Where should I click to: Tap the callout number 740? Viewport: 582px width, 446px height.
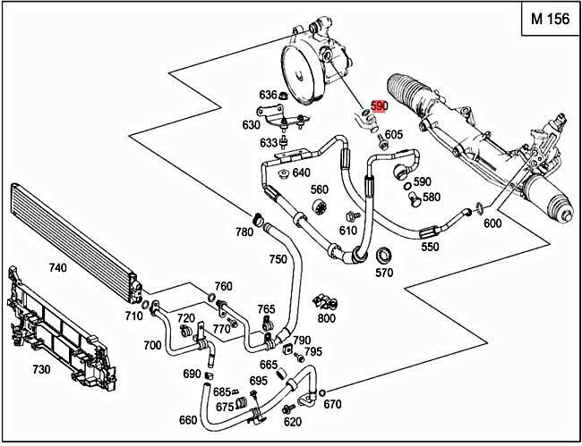tap(57, 267)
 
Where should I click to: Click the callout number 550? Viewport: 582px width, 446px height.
tap(430, 247)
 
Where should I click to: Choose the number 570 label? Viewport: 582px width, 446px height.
tap(384, 273)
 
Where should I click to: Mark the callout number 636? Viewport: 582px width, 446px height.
tap(267, 95)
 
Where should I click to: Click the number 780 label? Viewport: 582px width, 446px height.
tap(244, 232)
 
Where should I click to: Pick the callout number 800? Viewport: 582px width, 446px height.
tap(327, 317)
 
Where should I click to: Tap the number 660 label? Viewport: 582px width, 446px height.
tap(188, 420)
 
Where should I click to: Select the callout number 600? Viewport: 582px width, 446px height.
tap(492, 224)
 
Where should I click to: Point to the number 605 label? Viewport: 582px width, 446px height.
tap(394, 135)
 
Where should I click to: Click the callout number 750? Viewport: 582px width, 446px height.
tap(278, 259)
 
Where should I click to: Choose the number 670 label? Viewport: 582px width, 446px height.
tap(332, 404)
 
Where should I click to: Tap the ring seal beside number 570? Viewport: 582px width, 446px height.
tap(383, 252)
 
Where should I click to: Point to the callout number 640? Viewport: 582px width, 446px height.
tap(301, 173)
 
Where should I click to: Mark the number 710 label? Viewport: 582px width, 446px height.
tap(134, 316)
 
